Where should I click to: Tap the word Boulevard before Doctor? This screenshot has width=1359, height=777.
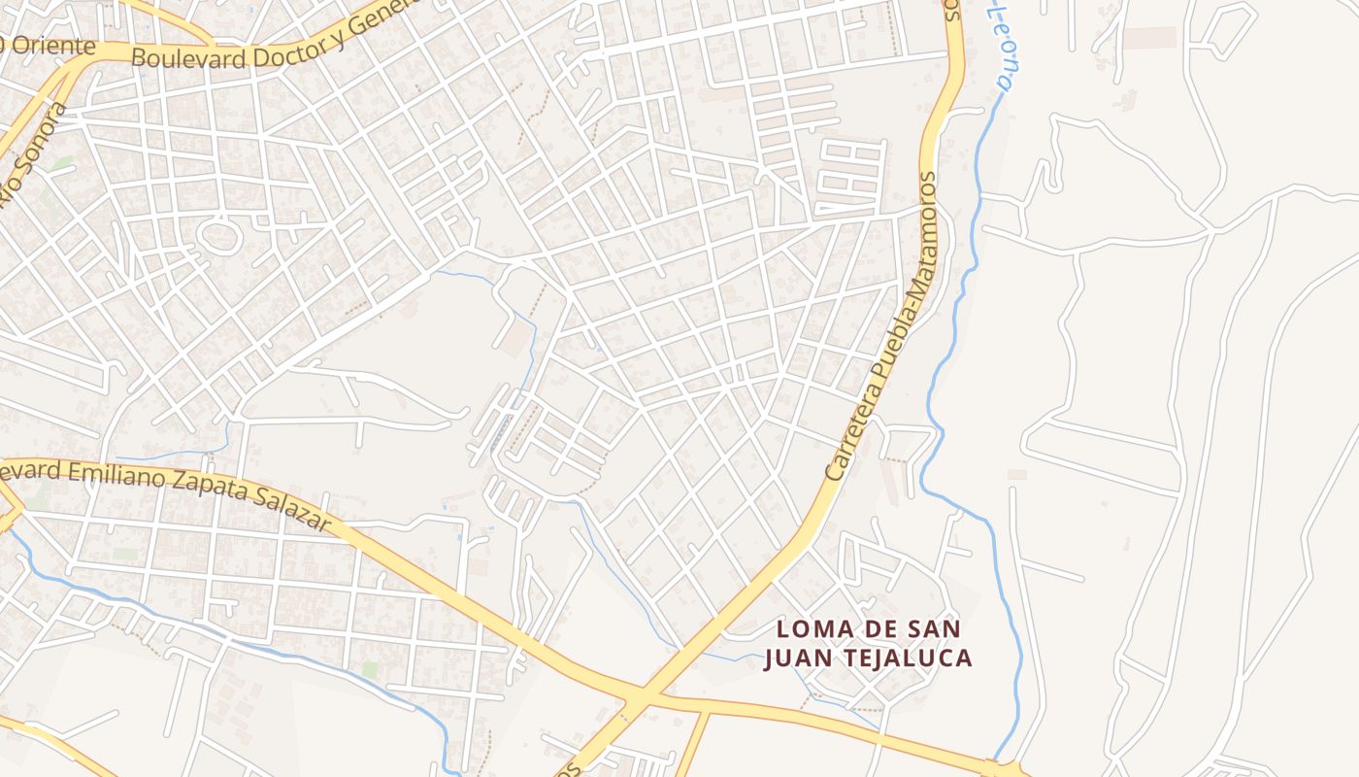186,57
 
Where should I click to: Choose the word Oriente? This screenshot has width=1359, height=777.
53,46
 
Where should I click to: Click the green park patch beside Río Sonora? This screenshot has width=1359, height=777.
60,163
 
